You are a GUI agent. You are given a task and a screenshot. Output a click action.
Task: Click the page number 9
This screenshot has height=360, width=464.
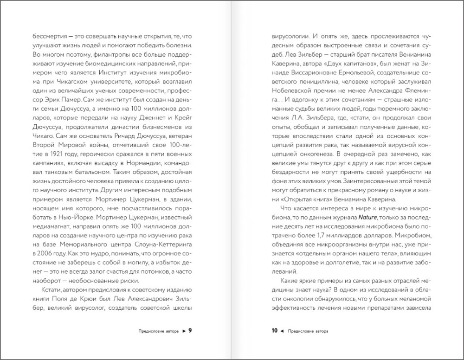click(190, 331)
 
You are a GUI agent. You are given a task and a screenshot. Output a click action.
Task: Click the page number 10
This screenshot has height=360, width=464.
click(274, 331)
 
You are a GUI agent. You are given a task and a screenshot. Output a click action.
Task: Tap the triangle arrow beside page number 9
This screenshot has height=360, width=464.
click(184, 331)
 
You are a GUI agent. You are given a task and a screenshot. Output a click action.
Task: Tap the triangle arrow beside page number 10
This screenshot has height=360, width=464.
click(282, 331)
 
